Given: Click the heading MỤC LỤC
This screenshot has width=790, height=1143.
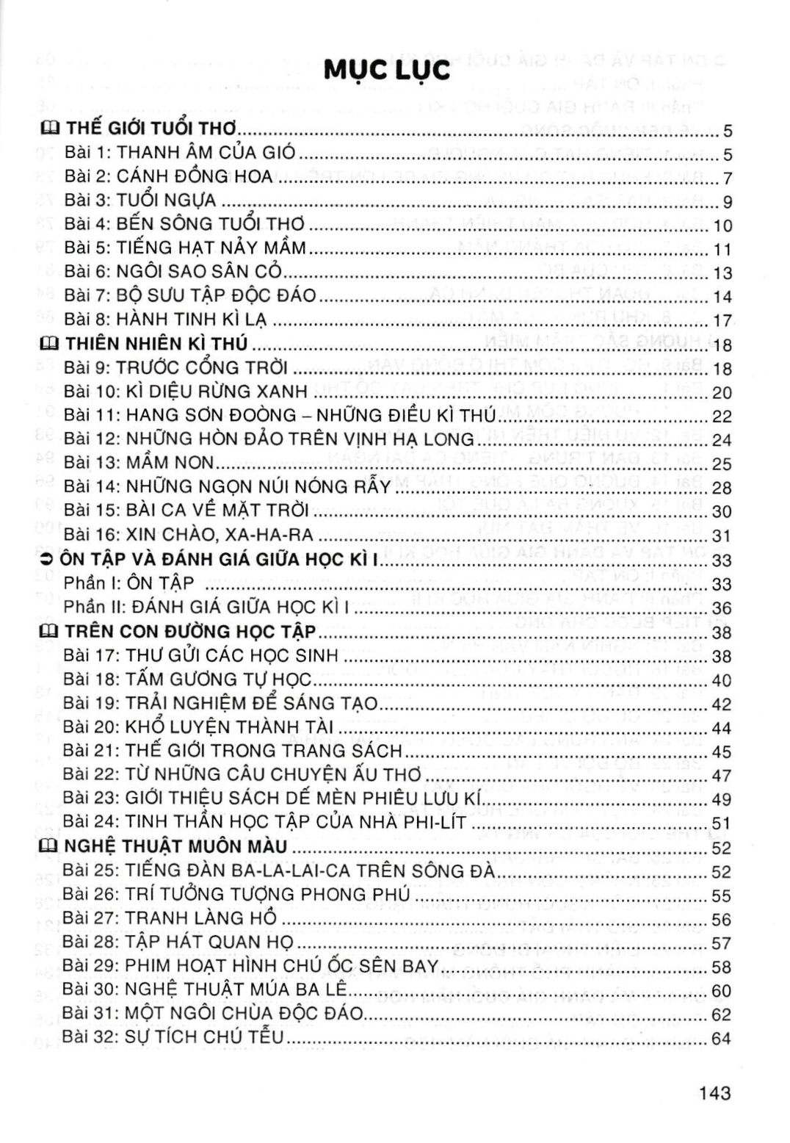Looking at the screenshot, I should click(x=386, y=71).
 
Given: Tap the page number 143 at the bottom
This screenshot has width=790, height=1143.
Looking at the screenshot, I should click(x=714, y=1092).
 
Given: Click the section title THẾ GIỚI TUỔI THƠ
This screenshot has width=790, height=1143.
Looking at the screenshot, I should click(x=151, y=129).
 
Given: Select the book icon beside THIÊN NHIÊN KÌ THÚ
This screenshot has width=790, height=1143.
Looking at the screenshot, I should click(x=49, y=344).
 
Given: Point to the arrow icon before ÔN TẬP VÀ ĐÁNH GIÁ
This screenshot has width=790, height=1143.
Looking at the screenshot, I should click(x=48, y=559).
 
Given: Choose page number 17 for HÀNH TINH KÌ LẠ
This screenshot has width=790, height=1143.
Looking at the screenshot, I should click(x=722, y=320).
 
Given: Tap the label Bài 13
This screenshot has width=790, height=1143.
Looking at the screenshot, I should click(x=92, y=463).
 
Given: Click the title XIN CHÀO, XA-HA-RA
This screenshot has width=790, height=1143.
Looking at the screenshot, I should click(x=220, y=535).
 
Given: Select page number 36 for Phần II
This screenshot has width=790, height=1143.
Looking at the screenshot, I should click(x=722, y=607).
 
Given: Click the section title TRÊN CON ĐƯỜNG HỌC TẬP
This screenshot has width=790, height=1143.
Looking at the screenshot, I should click(x=190, y=632).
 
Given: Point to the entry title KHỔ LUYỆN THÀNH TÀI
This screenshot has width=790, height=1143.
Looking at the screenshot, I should click(x=229, y=727).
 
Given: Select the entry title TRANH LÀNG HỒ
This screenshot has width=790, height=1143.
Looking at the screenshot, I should click(x=200, y=918).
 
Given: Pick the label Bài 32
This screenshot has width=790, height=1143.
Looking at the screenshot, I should click(x=91, y=1037).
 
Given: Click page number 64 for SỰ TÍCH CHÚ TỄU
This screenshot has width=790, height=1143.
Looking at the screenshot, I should click(x=721, y=1039).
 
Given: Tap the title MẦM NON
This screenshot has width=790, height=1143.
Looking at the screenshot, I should click(x=170, y=463).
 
